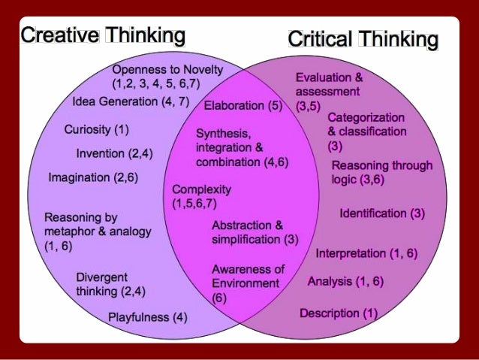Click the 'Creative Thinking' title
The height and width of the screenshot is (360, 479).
click(x=103, y=35)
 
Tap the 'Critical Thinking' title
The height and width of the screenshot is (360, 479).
click(x=363, y=39)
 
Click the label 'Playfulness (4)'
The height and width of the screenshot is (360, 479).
click(x=147, y=316)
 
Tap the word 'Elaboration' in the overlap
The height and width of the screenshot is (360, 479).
click(x=233, y=106)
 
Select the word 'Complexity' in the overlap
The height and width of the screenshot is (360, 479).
click(x=202, y=189)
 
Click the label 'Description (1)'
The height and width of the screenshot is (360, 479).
click(x=339, y=313)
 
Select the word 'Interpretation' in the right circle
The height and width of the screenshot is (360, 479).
click(x=350, y=253)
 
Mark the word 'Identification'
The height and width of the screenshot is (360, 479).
click(x=372, y=213)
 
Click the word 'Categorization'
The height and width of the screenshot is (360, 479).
click(x=366, y=118)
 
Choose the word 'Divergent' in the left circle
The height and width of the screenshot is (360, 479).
click(x=101, y=277)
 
